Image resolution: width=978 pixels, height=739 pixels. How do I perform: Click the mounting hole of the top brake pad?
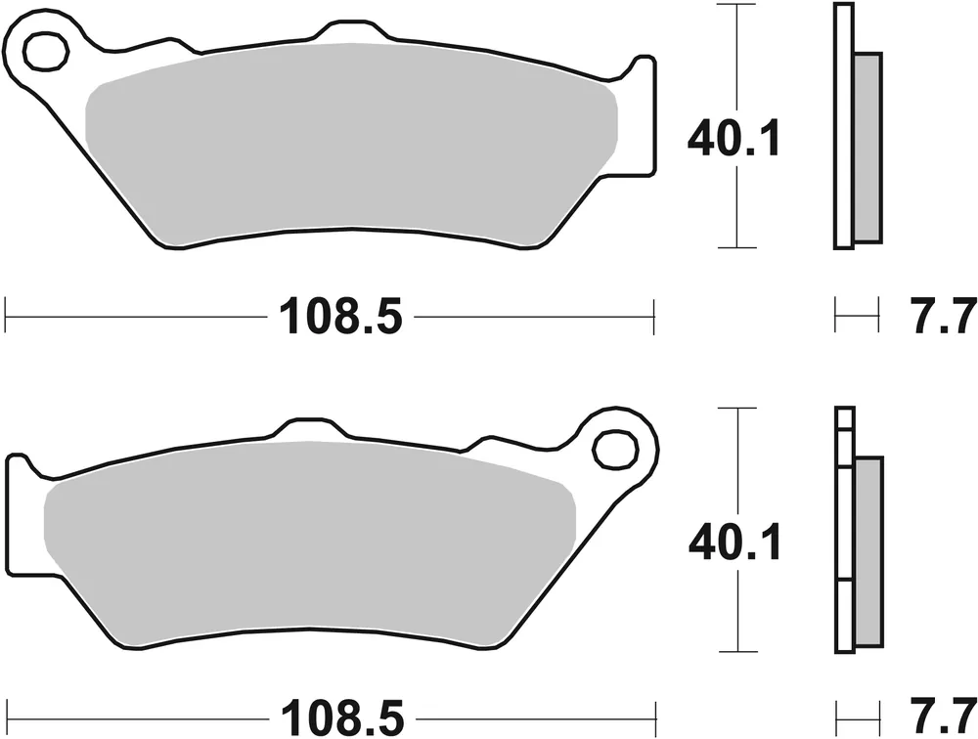pos(43,51)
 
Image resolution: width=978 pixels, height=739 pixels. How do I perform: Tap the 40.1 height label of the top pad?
pos(733,141)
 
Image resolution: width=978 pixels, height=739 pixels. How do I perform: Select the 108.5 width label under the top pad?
pos(341,317)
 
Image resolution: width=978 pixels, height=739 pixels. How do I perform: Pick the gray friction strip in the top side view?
pos(867,147)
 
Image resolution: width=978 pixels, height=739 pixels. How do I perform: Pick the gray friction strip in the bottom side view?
pos(867,552)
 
